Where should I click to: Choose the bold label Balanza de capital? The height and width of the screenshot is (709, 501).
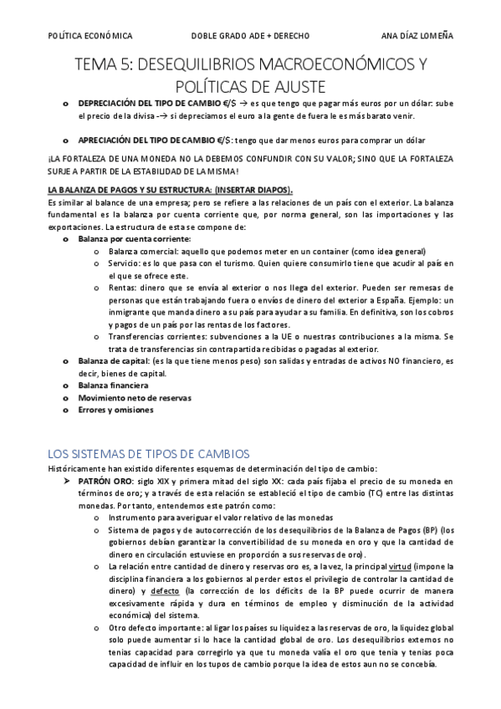(116, 361)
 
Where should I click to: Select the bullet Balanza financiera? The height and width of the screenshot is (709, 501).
(113, 385)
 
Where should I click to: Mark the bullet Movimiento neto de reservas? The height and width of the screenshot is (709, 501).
(135, 398)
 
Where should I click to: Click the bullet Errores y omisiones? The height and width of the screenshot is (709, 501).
(115, 411)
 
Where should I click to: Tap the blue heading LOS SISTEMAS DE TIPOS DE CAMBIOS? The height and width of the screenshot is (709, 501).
(148, 453)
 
